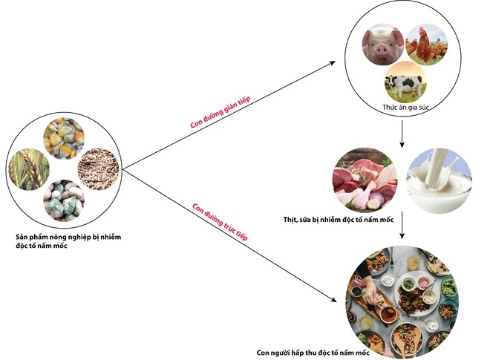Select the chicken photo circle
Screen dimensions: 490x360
point(426,45)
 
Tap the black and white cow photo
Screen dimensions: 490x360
point(405,82)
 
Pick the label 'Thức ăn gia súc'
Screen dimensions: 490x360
point(405,107)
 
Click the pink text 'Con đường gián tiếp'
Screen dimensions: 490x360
point(220,112)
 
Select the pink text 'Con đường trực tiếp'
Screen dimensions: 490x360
point(220,222)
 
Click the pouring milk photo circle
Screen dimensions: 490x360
point(439,181)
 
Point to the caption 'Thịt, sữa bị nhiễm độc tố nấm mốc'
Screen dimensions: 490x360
point(339,220)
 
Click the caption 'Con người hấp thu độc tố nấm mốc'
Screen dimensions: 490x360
point(313,353)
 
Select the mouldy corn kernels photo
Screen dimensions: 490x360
point(64,139)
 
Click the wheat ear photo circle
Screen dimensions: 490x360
point(29,170)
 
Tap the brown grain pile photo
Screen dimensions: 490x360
point(99,169)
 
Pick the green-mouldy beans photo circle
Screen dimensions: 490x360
point(64,200)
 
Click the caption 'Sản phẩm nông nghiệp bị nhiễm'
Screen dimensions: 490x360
point(68,237)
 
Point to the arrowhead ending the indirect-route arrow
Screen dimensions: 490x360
point(333,62)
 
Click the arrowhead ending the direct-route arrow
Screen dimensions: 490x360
point(333,300)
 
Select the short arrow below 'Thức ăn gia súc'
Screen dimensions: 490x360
point(402,134)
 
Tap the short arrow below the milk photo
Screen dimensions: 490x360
point(402,226)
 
